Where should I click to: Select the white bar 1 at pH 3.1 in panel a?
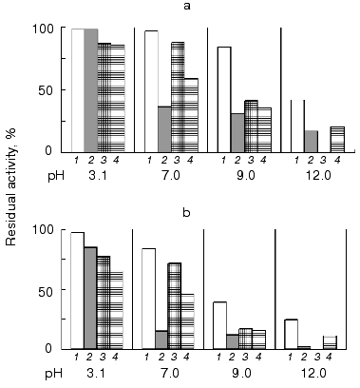pos(78,90)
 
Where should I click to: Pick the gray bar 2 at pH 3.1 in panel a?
pos(91,90)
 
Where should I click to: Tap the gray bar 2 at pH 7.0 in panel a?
pos(164,128)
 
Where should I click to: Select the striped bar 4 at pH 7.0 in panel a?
pos(191,114)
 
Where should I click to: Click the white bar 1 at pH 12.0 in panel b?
pos(292,334)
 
